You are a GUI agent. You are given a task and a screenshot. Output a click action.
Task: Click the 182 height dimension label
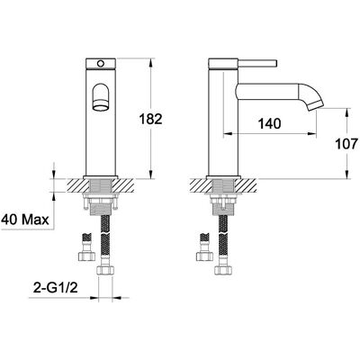click(x=150, y=119)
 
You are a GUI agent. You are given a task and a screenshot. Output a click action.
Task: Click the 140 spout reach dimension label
click(x=269, y=123)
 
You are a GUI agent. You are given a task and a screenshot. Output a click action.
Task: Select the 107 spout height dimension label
click(x=346, y=144)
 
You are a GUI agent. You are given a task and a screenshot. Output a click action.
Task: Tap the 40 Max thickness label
click(x=25, y=220)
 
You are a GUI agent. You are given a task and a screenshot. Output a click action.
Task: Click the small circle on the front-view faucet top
click(x=101, y=64)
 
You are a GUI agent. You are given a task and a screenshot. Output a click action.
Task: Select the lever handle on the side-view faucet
click(x=257, y=64)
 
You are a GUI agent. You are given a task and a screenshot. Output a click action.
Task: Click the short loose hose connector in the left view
click(x=86, y=247)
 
